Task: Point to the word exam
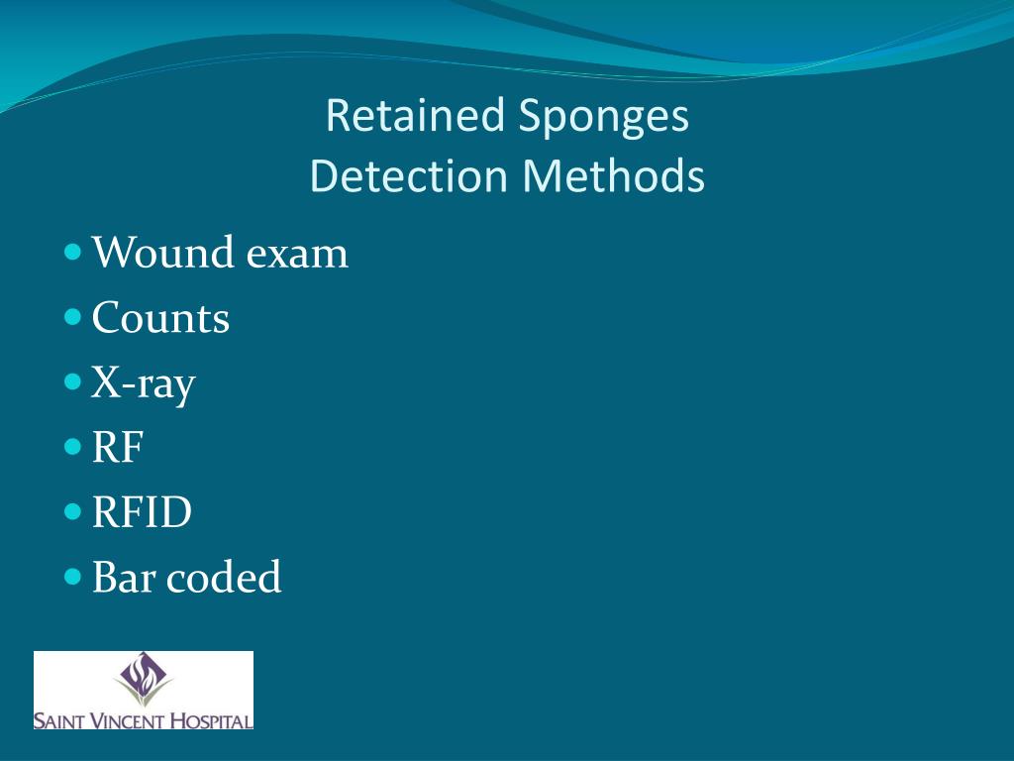pos(297,253)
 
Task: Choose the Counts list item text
pos(160,318)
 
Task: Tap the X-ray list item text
pos(144,384)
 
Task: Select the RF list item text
pos(118,448)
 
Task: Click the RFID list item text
pos(142,513)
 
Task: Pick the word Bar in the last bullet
pos(124,578)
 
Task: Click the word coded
pos(224,578)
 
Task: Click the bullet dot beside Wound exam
pos(73,252)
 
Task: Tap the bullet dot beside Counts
pos(73,317)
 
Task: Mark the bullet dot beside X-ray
pos(73,381)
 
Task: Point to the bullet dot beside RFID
pos(73,512)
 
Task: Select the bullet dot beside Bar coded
pos(73,577)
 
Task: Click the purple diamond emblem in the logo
pos(144,679)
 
